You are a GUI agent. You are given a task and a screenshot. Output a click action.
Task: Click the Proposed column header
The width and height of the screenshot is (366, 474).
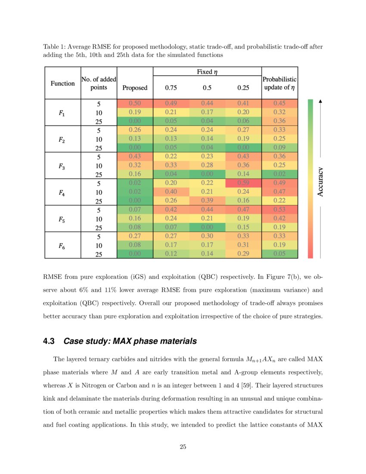coord(135,88)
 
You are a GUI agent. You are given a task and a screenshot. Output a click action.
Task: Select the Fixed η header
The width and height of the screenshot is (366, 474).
coord(207,72)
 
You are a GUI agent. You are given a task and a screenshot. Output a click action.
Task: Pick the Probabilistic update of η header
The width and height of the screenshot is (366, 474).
coord(279,84)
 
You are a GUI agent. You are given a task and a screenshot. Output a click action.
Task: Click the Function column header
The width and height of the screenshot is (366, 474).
coord(63,84)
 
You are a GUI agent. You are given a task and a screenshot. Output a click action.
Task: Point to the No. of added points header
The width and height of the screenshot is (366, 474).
coord(99,84)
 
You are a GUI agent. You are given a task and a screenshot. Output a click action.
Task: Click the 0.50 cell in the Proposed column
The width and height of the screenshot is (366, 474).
coord(135,104)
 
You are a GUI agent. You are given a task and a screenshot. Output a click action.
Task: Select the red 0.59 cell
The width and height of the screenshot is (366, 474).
coord(243,184)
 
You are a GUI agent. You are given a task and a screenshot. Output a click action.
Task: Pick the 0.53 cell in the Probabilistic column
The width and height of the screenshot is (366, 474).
coord(279,210)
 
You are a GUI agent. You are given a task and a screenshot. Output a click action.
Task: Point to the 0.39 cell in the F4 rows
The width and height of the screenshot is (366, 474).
coord(208,201)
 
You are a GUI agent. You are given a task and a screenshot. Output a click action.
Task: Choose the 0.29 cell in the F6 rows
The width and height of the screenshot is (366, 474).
coord(243,254)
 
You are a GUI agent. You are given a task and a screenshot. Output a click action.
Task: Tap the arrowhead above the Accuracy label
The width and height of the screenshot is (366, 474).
coord(321,102)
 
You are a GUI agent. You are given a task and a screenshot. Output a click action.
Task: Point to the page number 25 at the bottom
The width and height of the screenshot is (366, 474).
coord(183,447)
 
